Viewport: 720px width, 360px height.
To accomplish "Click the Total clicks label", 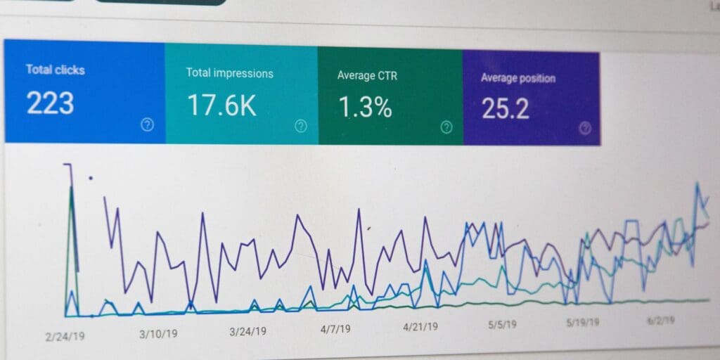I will pos(55,70).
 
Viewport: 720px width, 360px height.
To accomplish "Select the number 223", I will pos(50,103).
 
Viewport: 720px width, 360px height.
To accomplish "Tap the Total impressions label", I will pos(229,73).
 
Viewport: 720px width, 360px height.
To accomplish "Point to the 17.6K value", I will pos(221,105).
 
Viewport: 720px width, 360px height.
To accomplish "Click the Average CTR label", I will pos(367,75).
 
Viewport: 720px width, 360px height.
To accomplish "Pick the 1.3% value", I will pos(365,107).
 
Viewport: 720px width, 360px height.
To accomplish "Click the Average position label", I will pos(517,78).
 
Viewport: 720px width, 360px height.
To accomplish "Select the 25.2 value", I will pos(506,109).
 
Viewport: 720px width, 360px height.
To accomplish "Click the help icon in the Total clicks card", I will pos(147,124).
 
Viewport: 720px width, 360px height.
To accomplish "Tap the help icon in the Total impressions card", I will pos(301,126).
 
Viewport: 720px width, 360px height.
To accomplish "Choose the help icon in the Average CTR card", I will pos(446,127).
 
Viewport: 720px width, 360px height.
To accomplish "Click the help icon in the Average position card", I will pos(585,128).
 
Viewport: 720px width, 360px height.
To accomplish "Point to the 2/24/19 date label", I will pos(65,337).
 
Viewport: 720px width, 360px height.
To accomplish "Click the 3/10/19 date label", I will pos(157,333).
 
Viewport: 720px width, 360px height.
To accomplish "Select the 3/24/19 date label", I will pos(247,331).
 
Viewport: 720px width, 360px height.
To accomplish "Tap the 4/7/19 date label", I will pos(336,328).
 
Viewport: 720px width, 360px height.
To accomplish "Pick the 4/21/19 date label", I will pos(420,326).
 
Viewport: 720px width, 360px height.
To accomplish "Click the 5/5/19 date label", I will pos(503,324).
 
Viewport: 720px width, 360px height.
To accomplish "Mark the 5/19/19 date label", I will pos(583,322).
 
